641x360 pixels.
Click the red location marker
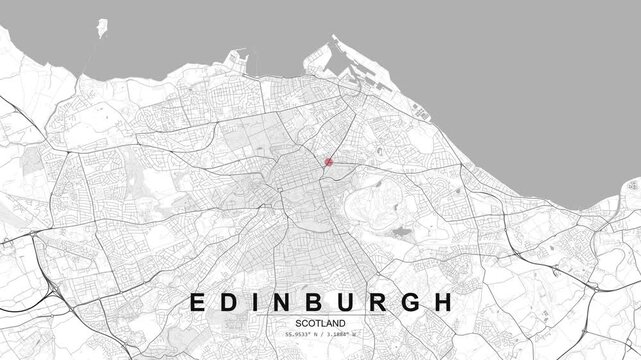[x=328, y=161]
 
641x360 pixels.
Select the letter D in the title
[x=230, y=301]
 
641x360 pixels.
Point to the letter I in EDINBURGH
[x=256, y=301]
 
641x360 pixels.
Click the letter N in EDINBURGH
[x=283, y=301]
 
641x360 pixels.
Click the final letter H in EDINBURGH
[x=444, y=301]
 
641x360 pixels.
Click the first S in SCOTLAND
[x=299, y=324]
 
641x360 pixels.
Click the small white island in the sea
[x=101, y=28]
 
